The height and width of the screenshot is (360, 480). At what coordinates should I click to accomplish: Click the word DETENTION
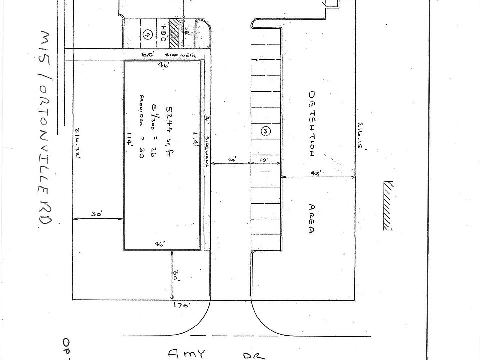(312, 123)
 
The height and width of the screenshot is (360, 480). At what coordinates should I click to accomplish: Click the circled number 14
(266, 131)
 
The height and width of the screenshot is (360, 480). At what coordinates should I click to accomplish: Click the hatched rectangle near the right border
(388, 205)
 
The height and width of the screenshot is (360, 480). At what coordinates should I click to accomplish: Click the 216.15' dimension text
(361, 135)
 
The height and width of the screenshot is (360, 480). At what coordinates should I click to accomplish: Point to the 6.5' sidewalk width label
(147, 54)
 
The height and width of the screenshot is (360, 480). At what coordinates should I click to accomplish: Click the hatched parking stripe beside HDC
(175, 33)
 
